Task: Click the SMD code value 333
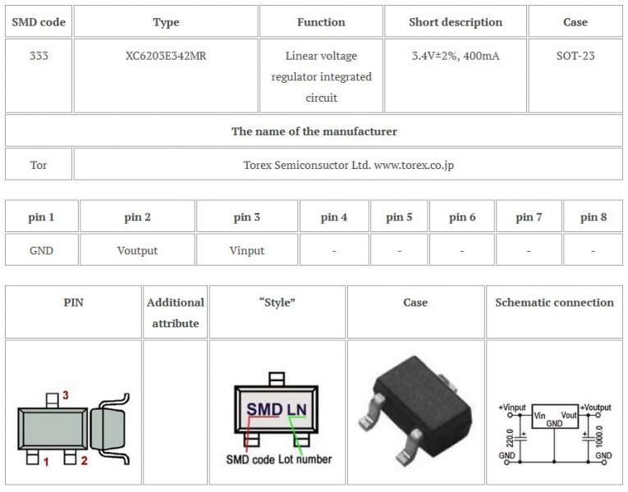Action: (x=39, y=56)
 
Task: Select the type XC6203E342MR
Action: (x=166, y=56)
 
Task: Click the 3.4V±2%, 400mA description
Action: (x=456, y=56)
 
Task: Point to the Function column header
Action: (x=321, y=22)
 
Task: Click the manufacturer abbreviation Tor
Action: (x=39, y=165)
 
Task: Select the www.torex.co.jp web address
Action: (x=414, y=165)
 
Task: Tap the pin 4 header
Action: (x=333, y=216)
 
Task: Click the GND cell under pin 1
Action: (x=41, y=250)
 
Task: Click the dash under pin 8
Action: (x=593, y=251)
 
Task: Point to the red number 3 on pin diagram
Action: (x=66, y=395)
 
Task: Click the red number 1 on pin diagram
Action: (x=46, y=462)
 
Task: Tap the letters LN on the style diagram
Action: (x=297, y=410)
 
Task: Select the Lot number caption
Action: (x=305, y=459)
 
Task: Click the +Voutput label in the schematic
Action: (x=595, y=408)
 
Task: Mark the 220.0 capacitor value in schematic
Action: (x=510, y=438)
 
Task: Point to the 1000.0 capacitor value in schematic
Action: (x=599, y=436)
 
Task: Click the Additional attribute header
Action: (x=176, y=312)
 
